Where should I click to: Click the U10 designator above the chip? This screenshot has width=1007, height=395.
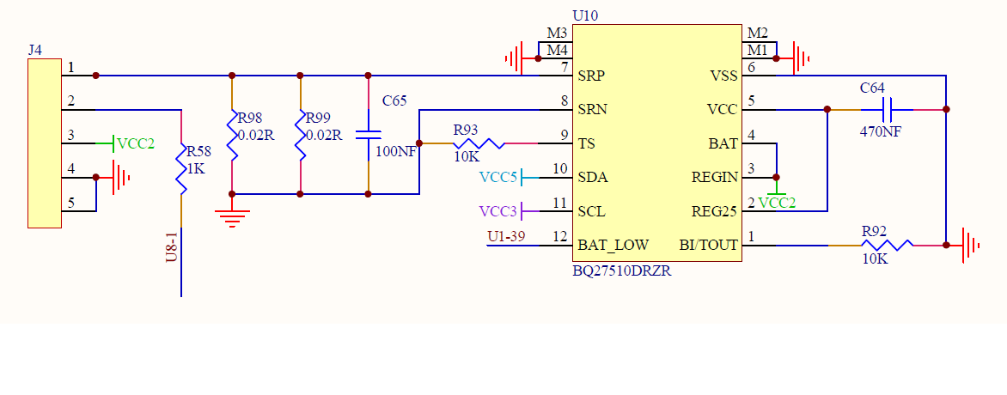(x=584, y=16)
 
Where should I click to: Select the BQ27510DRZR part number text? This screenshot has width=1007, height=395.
(x=622, y=271)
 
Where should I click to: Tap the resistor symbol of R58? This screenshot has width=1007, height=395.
(x=182, y=168)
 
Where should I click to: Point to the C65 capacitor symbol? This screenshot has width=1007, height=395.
(x=368, y=135)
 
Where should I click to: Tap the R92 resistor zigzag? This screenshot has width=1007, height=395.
(x=887, y=246)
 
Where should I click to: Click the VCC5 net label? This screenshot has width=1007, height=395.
(x=497, y=177)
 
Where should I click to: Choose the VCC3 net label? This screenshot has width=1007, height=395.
(x=497, y=210)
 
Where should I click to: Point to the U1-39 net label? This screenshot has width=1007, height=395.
(x=507, y=237)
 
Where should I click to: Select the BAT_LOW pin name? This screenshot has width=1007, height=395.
(x=613, y=246)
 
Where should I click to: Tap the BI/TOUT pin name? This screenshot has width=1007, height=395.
(x=708, y=246)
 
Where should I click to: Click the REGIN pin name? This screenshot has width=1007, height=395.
(x=715, y=177)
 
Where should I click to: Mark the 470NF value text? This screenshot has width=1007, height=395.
(x=881, y=131)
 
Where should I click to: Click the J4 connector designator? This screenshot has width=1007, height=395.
(x=35, y=50)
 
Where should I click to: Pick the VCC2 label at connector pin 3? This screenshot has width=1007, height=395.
(x=136, y=144)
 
